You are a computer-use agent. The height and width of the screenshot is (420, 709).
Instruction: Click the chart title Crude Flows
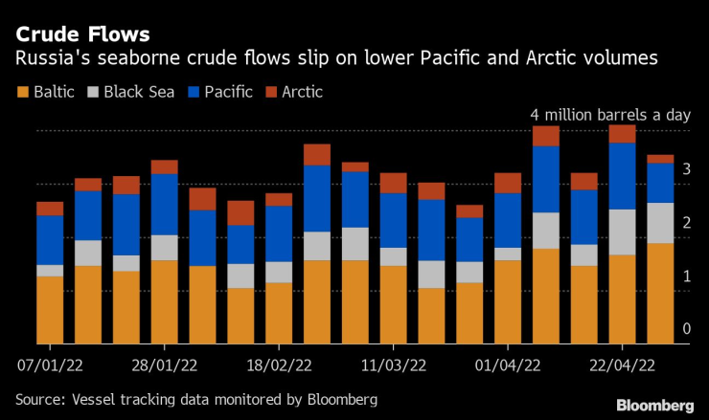[82, 34]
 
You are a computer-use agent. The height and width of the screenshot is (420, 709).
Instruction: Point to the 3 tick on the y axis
[686, 169]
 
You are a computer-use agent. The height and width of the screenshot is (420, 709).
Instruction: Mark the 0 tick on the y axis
[686, 329]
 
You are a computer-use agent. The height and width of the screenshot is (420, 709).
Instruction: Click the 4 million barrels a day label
[610, 115]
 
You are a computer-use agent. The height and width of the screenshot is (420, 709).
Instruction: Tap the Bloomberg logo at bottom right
[654, 406]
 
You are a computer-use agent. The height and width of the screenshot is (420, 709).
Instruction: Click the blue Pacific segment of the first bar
[50, 240]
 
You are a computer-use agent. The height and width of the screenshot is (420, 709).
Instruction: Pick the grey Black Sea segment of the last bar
[660, 223]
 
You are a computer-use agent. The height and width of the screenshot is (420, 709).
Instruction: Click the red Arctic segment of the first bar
[50, 209]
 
